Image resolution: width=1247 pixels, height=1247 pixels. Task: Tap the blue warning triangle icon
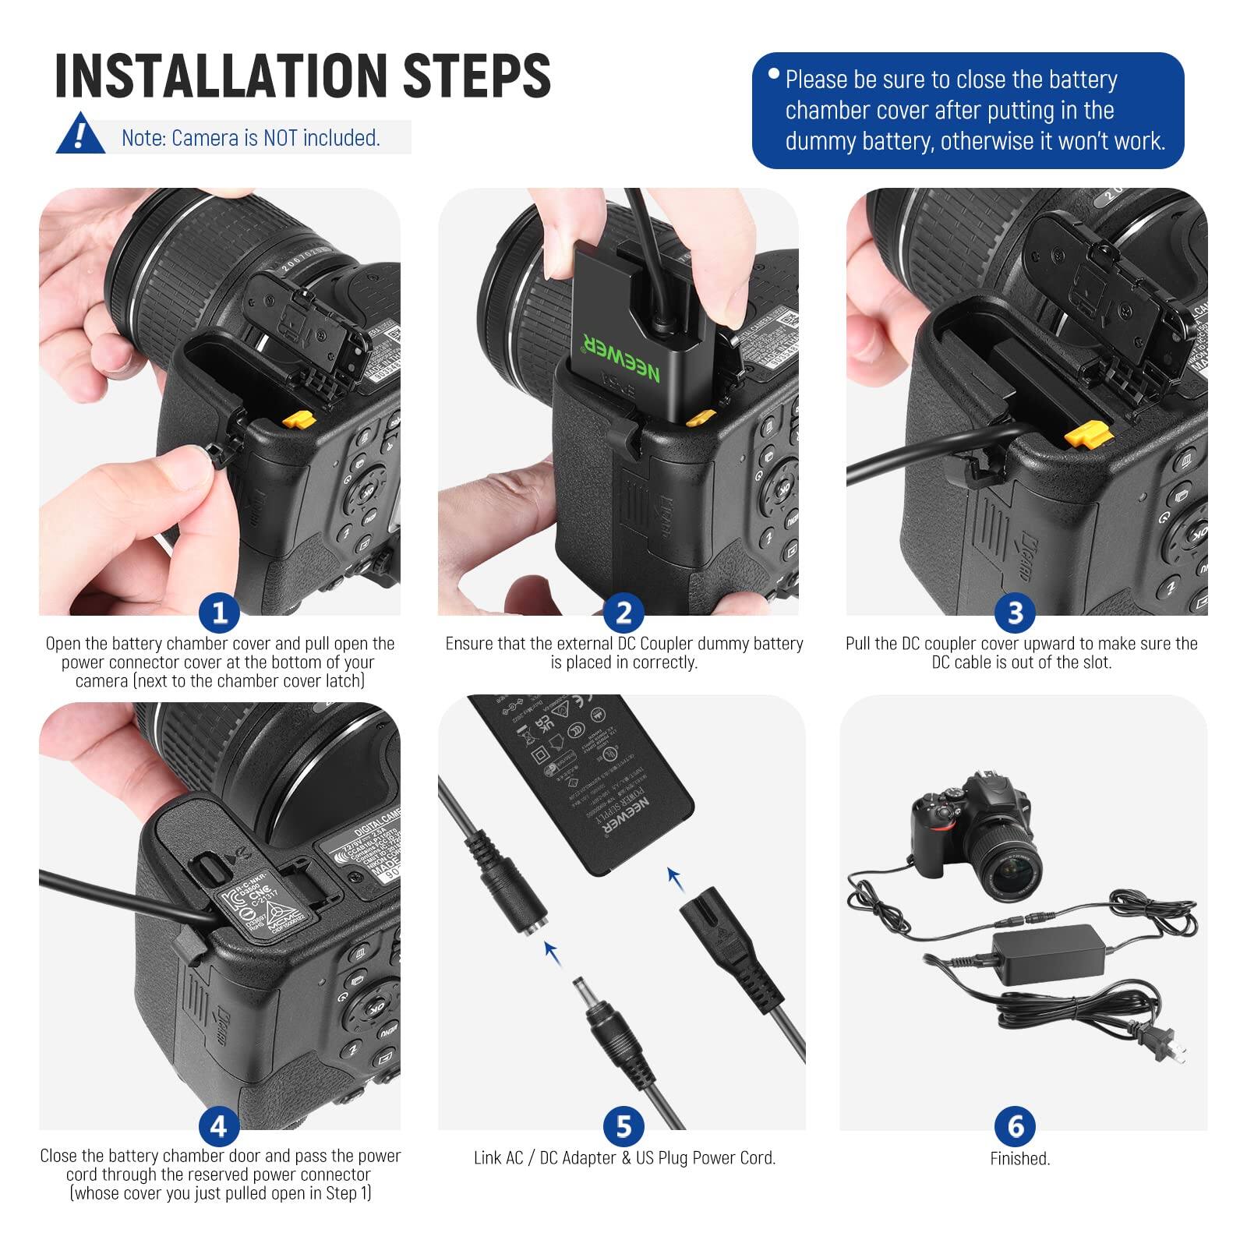[x=79, y=135]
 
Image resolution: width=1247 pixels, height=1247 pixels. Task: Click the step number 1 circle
[x=219, y=613]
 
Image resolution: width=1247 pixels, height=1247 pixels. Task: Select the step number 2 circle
[x=623, y=613]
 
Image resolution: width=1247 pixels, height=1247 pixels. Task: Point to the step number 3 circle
[x=1015, y=613]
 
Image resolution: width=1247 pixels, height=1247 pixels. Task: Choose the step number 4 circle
[x=219, y=1126]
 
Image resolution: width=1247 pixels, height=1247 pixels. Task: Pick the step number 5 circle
[x=623, y=1126]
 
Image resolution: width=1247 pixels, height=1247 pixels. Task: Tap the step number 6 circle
[x=1015, y=1126]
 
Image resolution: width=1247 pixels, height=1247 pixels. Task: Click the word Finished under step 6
[x=1019, y=1159]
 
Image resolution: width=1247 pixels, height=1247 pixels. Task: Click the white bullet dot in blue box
[x=773, y=74]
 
